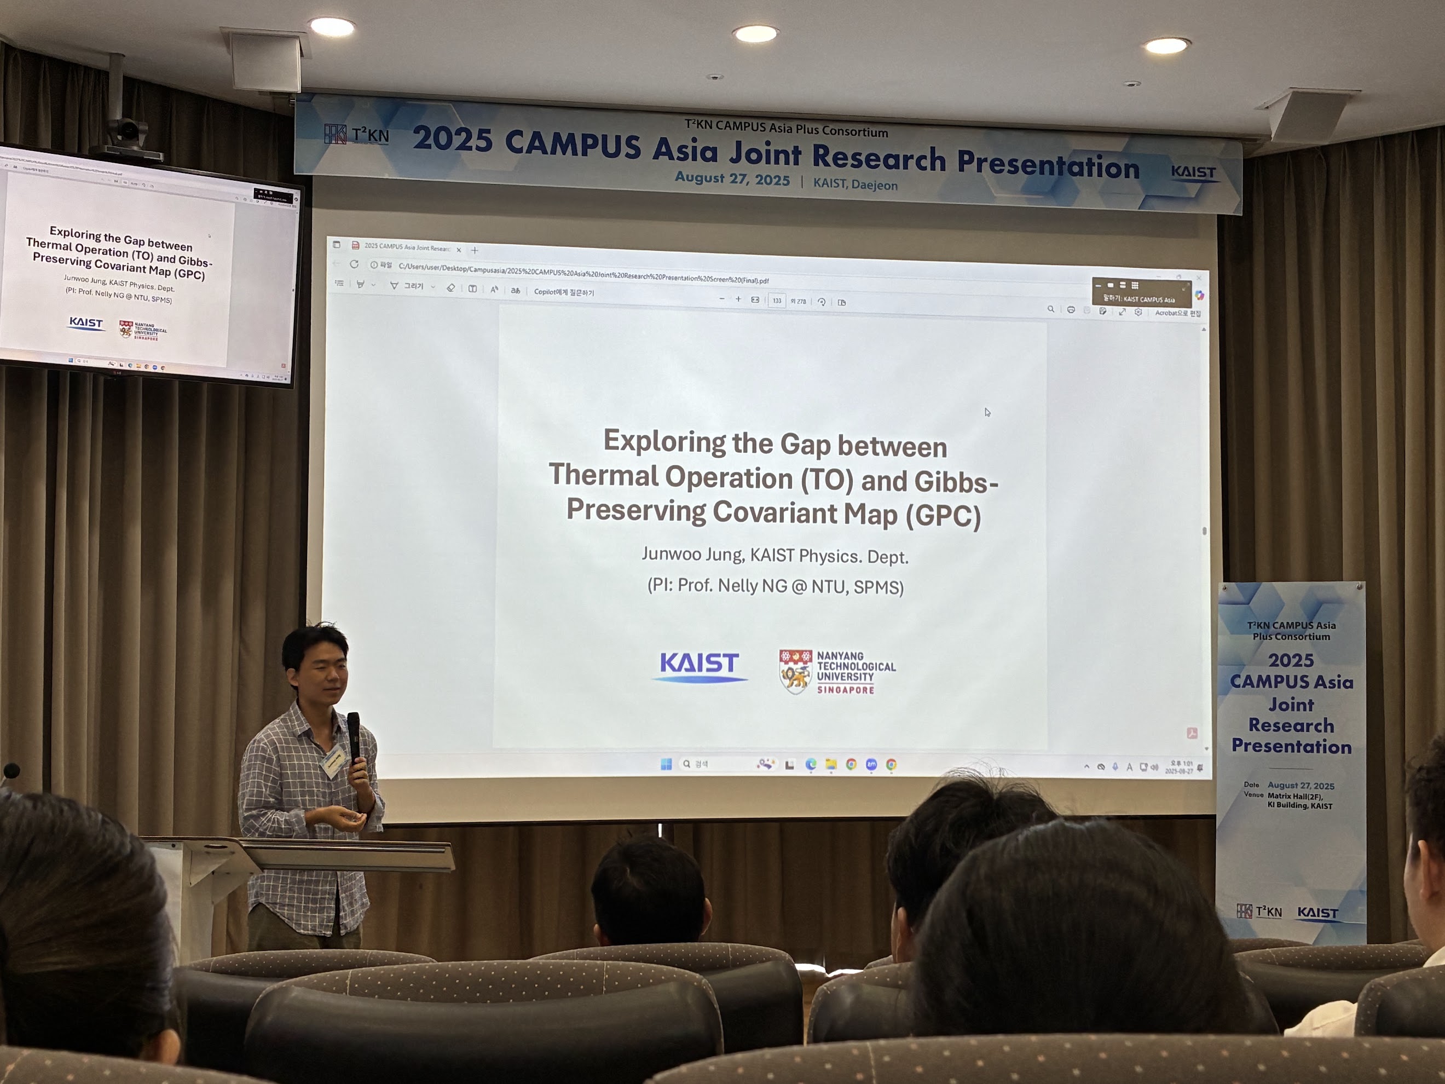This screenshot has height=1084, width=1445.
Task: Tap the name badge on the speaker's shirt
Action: point(334,760)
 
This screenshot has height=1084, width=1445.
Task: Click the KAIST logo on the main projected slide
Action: point(699,666)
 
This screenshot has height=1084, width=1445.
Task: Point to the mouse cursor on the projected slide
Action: point(987,412)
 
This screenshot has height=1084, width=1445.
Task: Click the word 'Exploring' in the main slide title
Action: point(664,442)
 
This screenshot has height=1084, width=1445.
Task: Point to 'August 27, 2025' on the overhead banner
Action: point(732,178)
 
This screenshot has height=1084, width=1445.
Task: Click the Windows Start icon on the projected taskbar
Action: point(666,764)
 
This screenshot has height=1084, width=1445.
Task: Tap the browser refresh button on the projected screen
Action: point(354,264)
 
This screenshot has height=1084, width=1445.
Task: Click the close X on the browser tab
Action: point(459,250)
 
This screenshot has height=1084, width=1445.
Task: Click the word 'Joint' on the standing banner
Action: point(1291,705)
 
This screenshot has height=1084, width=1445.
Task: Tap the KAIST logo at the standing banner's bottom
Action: point(1317,912)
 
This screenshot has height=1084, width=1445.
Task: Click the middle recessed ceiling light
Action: point(755,33)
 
